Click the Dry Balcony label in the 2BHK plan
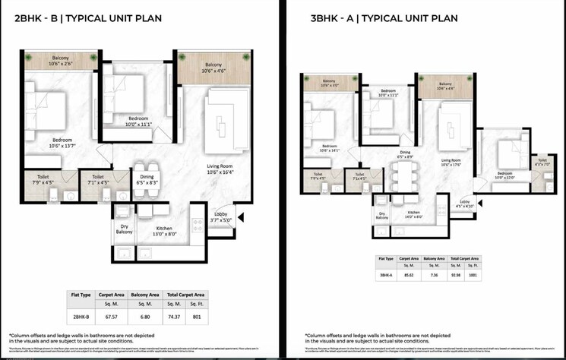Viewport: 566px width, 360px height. (123, 228)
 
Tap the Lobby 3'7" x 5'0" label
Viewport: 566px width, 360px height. (221, 217)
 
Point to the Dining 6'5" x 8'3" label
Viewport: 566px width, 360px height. (147, 179)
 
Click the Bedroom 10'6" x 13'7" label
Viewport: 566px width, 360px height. (62, 143)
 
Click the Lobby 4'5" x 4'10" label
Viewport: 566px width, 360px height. (463, 203)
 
